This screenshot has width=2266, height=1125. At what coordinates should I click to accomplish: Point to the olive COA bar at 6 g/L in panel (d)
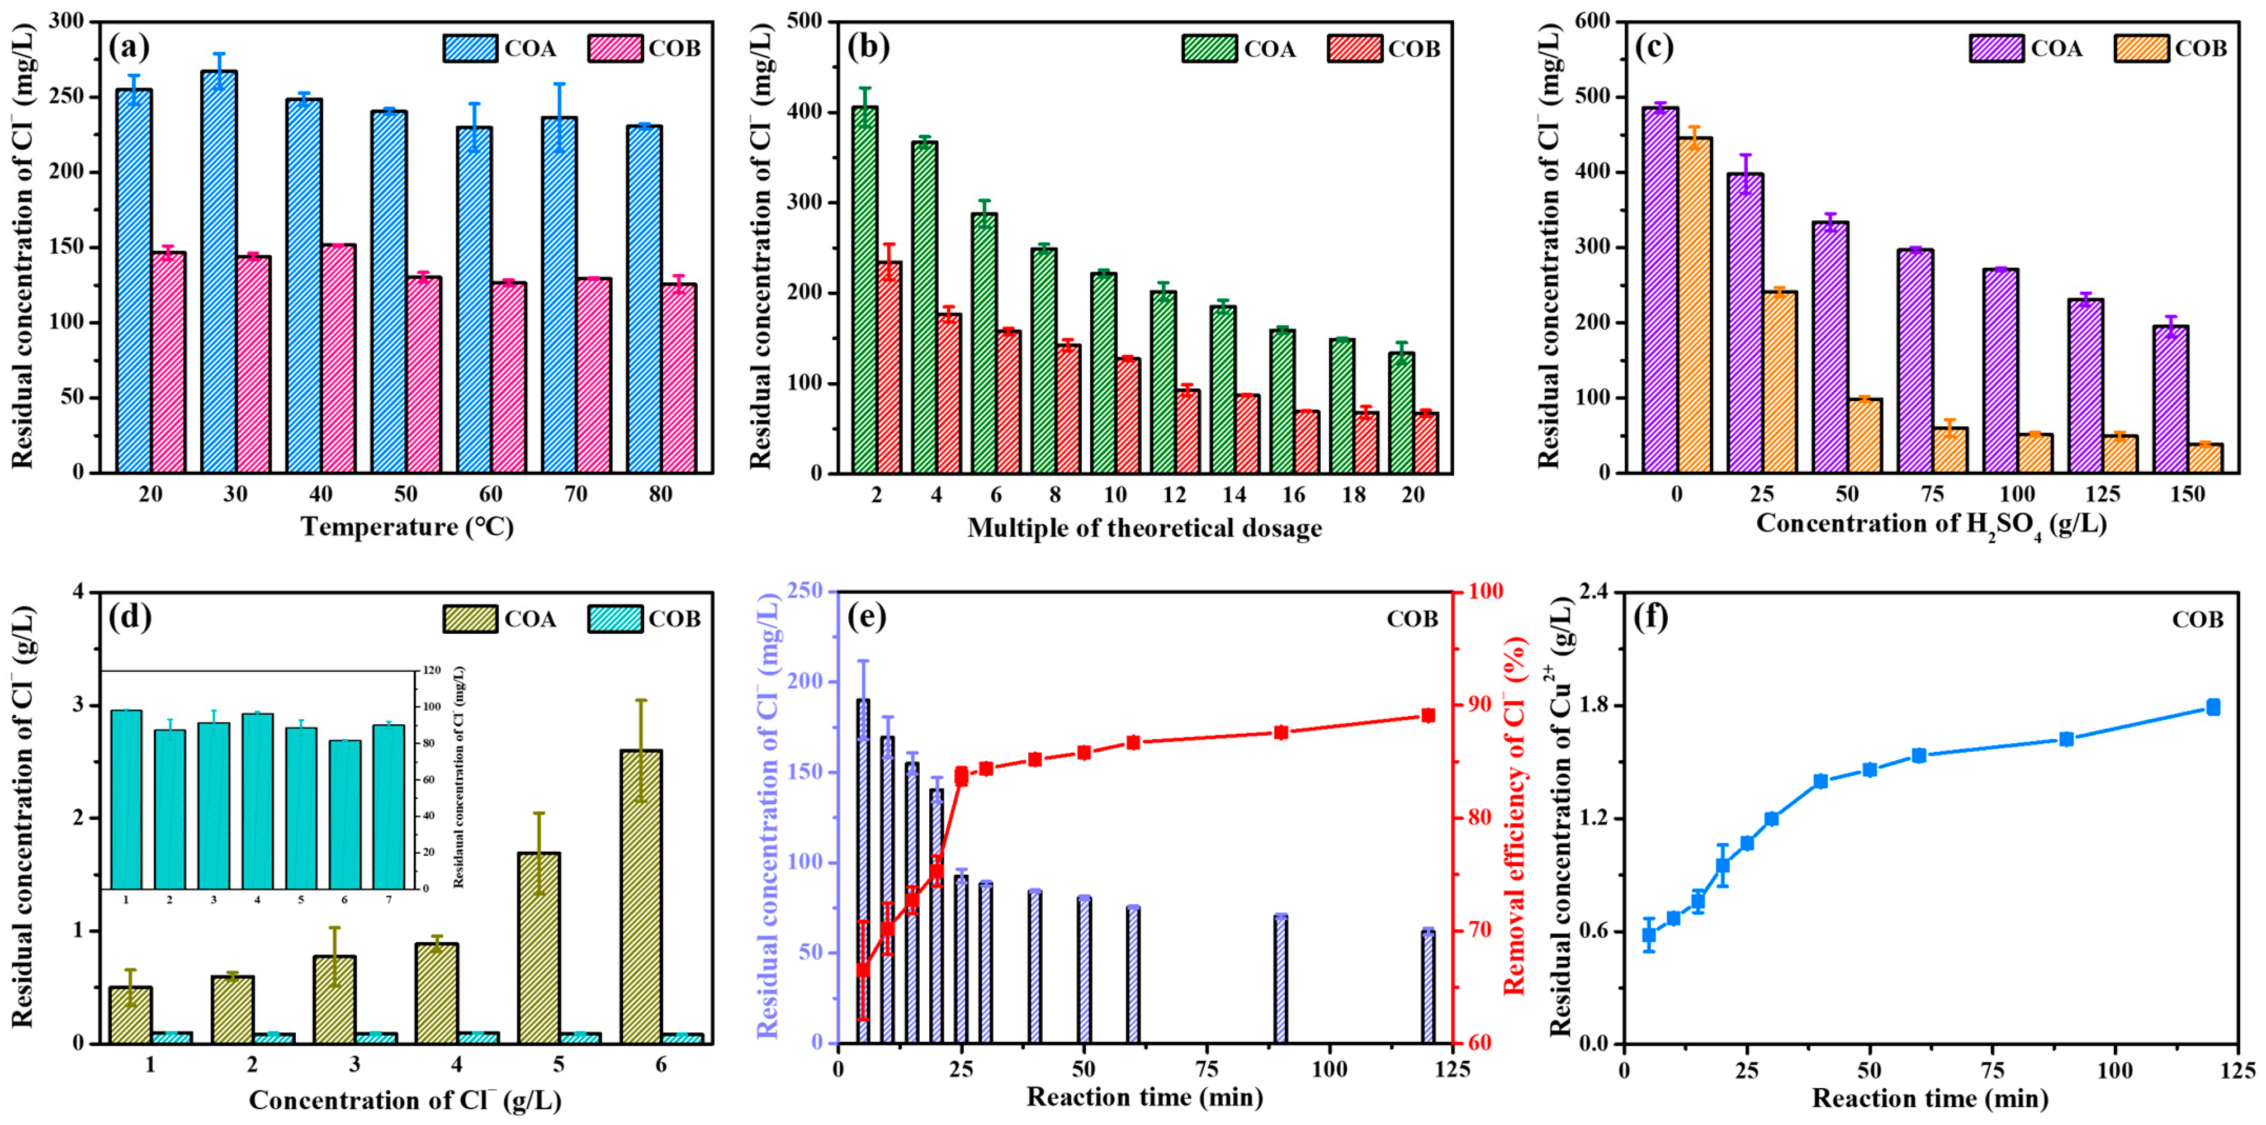[640, 896]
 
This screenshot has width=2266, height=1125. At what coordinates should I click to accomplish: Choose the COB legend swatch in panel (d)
[615, 619]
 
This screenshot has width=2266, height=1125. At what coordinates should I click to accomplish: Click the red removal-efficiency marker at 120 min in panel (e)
[1428, 715]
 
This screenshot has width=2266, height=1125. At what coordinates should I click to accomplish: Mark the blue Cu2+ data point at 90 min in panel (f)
[2066, 739]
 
